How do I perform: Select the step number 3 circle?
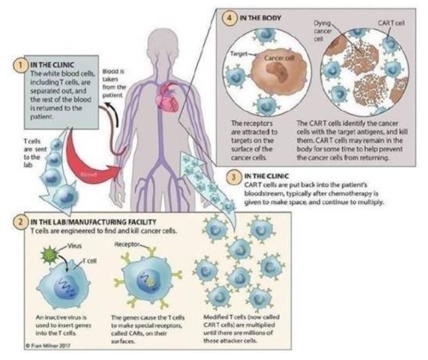point(232,177)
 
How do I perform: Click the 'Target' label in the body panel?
point(240,54)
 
